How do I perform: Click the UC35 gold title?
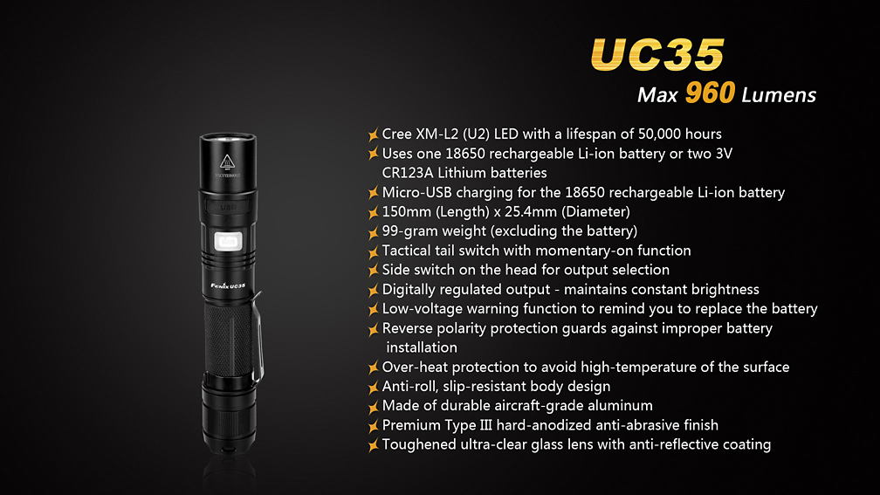657,54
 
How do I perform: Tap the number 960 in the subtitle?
710,93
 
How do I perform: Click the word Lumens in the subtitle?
779,95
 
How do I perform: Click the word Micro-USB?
417,192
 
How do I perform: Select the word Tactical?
407,251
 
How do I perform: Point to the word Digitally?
409,290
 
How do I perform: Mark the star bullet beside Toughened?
374,445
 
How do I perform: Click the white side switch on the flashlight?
229,241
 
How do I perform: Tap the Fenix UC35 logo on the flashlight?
228,285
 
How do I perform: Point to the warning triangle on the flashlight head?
227,162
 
